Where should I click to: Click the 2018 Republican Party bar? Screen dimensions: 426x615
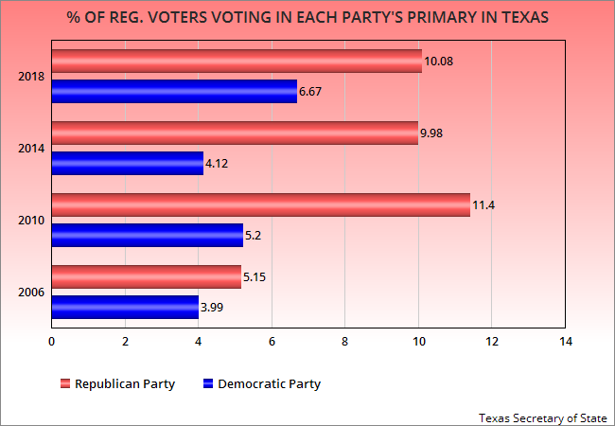[x=237, y=62]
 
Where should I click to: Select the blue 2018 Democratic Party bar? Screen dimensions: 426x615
[x=174, y=91]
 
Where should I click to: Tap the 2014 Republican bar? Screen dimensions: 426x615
[x=235, y=133]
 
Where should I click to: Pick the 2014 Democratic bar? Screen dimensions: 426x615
[x=127, y=163]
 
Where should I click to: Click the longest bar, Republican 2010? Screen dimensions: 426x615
[x=260, y=204]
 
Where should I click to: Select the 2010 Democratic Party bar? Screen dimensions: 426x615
[x=147, y=235]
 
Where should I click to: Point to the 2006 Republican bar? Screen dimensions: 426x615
[x=146, y=276]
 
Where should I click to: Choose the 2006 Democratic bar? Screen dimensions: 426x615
[x=125, y=307]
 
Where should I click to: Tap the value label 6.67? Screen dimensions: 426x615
[x=312, y=92]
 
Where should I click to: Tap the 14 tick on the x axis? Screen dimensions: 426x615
[x=565, y=341]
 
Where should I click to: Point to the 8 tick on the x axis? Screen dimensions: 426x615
[x=344, y=341]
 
